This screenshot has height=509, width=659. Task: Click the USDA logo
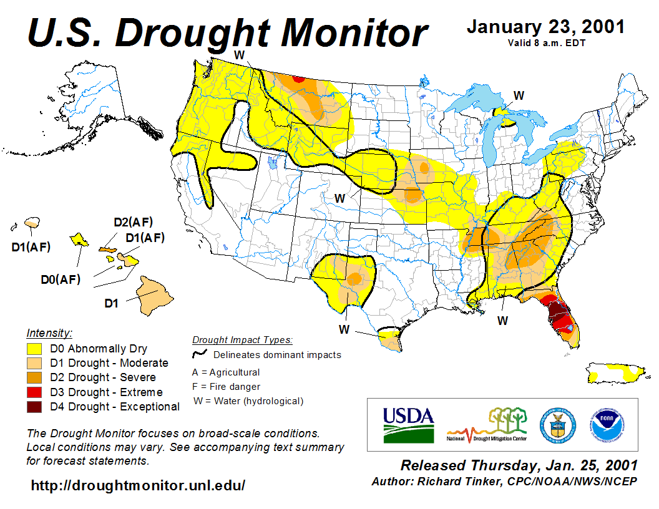pyautogui.click(x=408, y=424)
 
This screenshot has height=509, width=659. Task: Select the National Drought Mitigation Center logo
pyautogui.click(x=487, y=425)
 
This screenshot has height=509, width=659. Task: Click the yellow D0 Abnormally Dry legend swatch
pyautogui.click(x=35, y=349)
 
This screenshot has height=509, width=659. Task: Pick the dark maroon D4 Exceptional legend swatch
pyautogui.click(x=35, y=407)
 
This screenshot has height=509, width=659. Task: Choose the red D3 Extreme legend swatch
pyautogui.click(x=35, y=392)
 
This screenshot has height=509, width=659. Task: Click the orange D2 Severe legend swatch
pyautogui.click(x=35, y=377)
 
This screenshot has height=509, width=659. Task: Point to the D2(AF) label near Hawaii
pyautogui.click(x=133, y=221)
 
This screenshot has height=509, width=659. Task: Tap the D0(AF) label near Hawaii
pyautogui.click(x=61, y=279)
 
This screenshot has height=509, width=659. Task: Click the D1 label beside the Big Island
pyautogui.click(x=111, y=304)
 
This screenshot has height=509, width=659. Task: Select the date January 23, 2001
pyautogui.click(x=545, y=27)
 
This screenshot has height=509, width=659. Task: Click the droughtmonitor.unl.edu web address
pyautogui.click(x=138, y=485)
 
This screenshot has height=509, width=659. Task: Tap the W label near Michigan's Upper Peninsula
pyautogui.click(x=519, y=95)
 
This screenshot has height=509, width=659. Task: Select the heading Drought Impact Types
pyautogui.click(x=242, y=340)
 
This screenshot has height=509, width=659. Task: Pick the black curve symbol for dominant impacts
pyautogui.click(x=200, y=354)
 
